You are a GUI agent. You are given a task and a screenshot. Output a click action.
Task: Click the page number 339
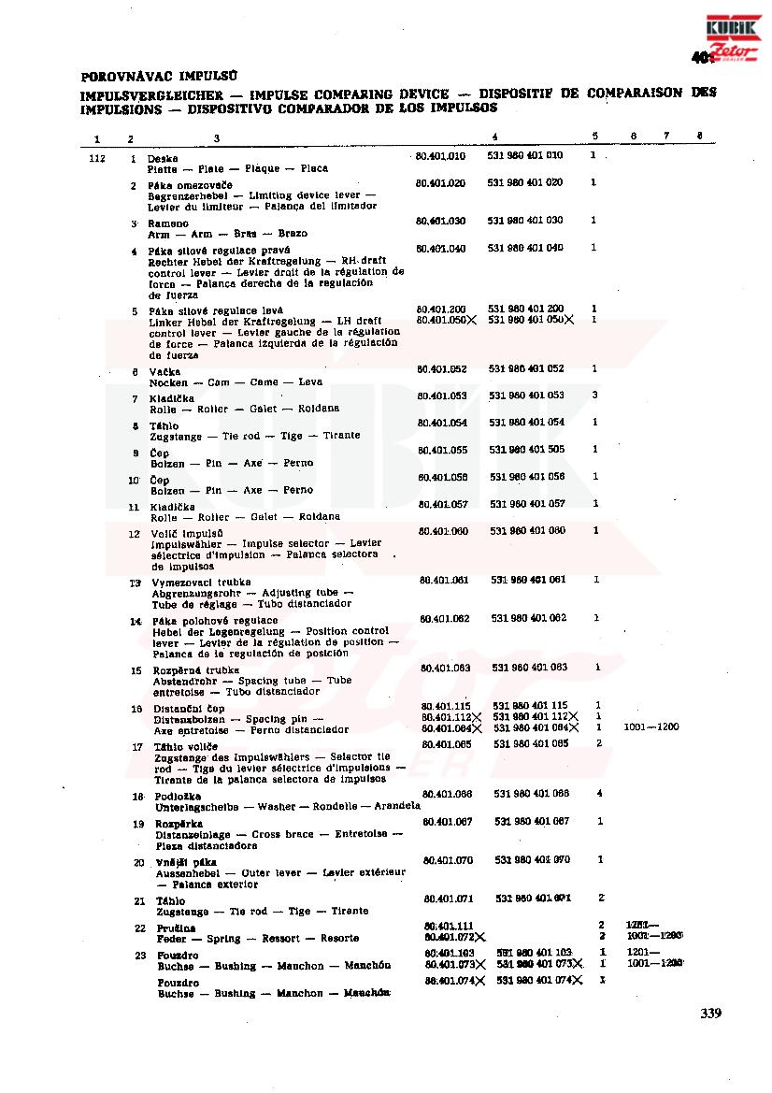(x=710, y=1013)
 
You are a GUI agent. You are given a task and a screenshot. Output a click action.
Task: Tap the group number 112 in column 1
(x=95, y=159)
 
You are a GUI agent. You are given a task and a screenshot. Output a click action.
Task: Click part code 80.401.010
(x=440, y=156)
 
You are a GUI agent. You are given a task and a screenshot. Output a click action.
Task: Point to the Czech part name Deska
(x=163, y=159)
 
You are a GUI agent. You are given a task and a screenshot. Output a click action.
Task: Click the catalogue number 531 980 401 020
(x=525, y=183)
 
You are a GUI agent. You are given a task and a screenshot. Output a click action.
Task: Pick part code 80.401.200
(x=441, y=309)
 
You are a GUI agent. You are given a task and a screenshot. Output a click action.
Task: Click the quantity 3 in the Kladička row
(x=594, y=395)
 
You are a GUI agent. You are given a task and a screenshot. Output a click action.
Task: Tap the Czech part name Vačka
(x=164, y=372)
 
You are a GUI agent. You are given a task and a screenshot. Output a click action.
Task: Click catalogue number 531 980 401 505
(x=528, y=450)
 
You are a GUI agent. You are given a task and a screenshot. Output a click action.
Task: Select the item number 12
(x=135, y=534)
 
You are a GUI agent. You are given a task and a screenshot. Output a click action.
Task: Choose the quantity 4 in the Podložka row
(x=598, y=794)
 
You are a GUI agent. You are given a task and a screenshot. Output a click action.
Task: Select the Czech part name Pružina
(x=176, y=928)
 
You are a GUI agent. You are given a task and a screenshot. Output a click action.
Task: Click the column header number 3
(x=217, y=139)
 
